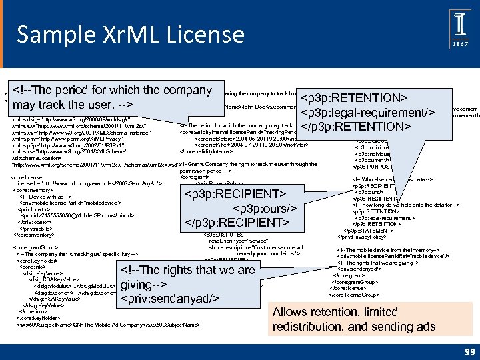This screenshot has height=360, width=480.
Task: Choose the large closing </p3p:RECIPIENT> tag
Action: [x=237, y=221]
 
